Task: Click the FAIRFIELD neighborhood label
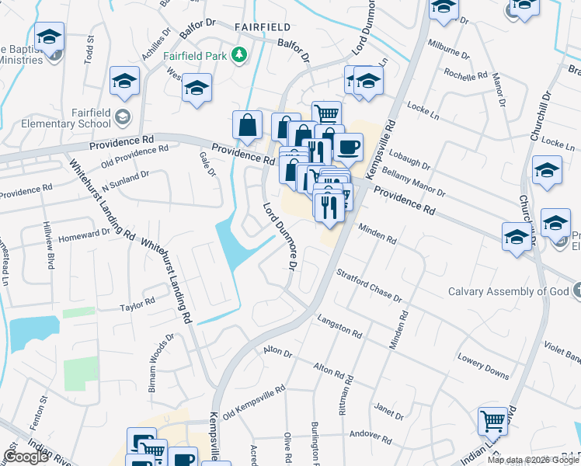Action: [262, 26]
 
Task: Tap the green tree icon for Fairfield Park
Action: [241, 55]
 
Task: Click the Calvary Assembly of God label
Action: [509, 292]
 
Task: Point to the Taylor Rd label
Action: [137, 306]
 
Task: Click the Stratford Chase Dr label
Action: [369, 287]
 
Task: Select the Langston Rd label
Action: [339, 326]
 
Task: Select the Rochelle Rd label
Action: [465, 75]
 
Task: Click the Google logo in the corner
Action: [26, 457]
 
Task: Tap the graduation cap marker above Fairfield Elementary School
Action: [124, 82]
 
